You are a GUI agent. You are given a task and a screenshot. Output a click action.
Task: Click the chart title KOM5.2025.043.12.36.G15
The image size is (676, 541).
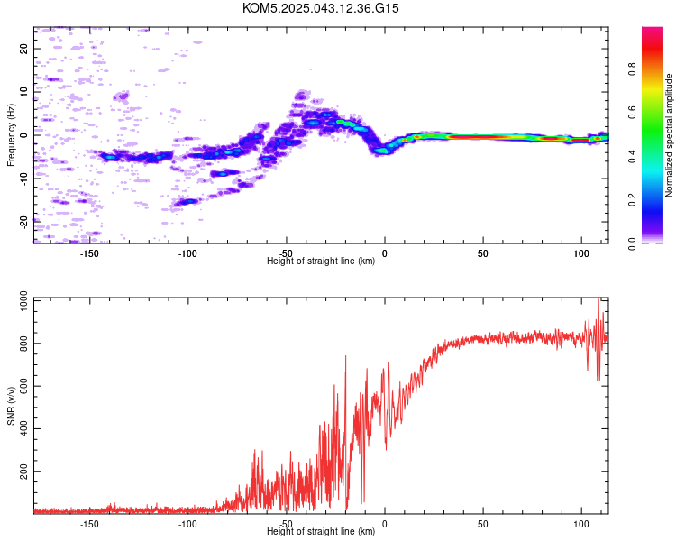click(320, 8)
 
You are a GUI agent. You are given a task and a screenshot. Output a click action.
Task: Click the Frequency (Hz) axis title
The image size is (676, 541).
click(11, 135)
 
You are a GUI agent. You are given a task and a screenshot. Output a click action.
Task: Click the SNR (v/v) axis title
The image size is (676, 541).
click(11, 406)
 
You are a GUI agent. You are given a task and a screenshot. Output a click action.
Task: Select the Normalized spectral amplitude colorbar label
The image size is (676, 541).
click(669, 135)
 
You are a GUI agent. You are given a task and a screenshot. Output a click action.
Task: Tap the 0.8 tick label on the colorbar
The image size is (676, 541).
click(632, 69)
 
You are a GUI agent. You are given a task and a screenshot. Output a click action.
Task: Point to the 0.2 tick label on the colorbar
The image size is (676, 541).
click(632, 200)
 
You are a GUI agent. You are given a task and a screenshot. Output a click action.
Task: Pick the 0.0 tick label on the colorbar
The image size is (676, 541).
click(632, 243)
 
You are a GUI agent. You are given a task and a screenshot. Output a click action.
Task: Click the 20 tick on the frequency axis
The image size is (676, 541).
click(23, 49)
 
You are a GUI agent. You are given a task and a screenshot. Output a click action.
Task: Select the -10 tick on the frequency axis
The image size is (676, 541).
click(23, 179)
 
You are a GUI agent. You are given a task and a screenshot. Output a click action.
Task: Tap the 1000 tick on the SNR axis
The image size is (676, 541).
click(23, 300)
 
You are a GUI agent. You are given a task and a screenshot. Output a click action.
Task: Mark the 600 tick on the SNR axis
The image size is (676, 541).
click(23, 386)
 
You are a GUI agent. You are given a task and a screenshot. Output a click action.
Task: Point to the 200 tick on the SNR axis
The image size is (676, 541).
click(23, 471)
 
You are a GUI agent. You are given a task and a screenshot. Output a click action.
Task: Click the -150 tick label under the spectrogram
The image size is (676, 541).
click(89, 253)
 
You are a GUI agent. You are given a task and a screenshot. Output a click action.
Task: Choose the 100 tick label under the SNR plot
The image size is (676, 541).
click(581, 524)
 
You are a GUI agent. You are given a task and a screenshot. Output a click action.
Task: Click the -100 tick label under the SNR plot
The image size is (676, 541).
click(187, 524)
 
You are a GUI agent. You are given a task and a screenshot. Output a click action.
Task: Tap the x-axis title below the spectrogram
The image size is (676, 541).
click(321, 261)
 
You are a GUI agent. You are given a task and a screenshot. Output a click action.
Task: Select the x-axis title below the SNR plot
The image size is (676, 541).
click(321, 531)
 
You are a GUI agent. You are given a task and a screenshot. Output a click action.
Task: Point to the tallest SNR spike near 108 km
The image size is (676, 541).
click(598, 298)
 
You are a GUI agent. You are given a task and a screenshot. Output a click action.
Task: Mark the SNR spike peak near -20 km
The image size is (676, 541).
click(345, 356)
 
